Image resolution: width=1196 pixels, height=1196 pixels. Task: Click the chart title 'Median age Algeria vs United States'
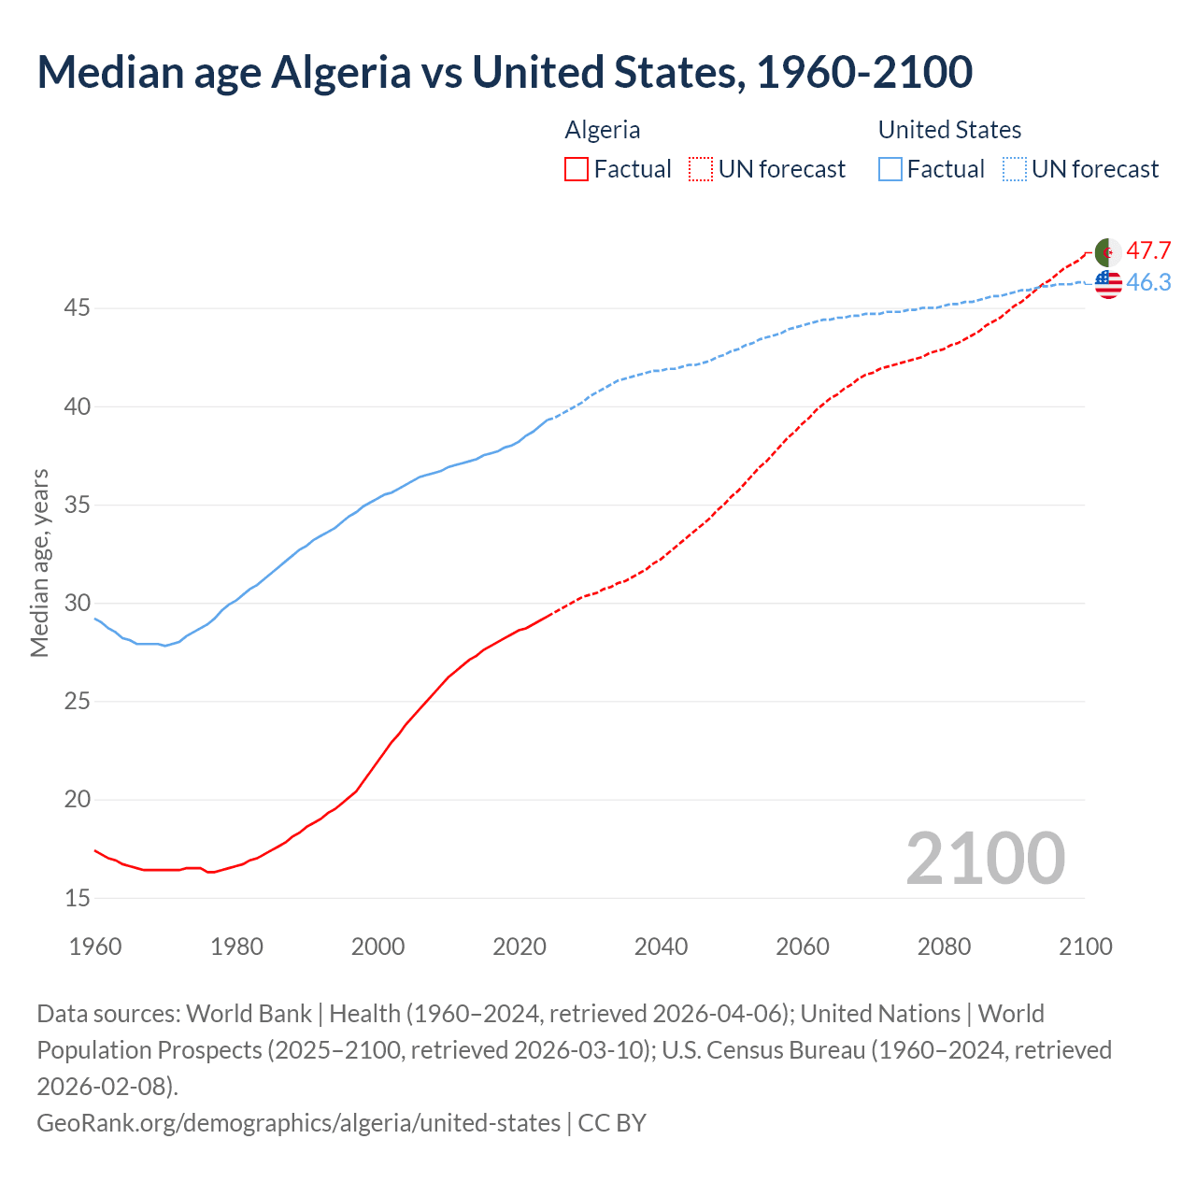pyautogui.click(x=505, y=72)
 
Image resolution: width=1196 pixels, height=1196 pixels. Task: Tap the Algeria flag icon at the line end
pyautogui.click(x=1107, y=252)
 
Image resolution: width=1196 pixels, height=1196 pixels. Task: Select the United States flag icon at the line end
pyautogui.click(x=1107, y=283)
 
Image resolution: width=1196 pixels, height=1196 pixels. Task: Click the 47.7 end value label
pyautogui.click(x=1148, y=251)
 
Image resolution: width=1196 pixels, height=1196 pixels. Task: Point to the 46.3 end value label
pyautogui.click(x=1148, y=283)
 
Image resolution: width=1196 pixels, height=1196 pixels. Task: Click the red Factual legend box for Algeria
pyautogui.click(x=577, y=169)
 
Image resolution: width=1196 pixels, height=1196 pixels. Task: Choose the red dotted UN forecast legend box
pyautogui.click(x=701, y=169)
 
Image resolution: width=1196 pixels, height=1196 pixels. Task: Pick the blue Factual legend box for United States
pyautogui.click(x=890, y=169)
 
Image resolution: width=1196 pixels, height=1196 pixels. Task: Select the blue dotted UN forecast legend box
pyautogui.click(x=1014, y=169)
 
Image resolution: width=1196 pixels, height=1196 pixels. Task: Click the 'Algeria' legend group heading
pyautogui.click(x=603, y=130)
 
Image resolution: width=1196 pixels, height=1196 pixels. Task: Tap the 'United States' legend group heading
pyautogui.click(x=949, y=130)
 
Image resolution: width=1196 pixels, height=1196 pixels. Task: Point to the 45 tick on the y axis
pyautogui.click(x=77, y=308)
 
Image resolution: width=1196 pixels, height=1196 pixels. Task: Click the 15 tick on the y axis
pyautogui.click(x=77, y=898)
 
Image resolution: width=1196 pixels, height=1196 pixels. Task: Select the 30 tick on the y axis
pyautogui.click(x=77, y=604)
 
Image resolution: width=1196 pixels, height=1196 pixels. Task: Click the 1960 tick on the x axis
pyautogui.click(x=95, y=947)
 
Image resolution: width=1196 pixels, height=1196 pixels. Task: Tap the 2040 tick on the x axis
pyautogui.click(x=661, y=947)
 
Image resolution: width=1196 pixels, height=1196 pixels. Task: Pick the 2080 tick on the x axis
pyautogui.click(x=944, y=947)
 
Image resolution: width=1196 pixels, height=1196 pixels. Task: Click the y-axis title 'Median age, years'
pyautogui.click(x=39, y=563)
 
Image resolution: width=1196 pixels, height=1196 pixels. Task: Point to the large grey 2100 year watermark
pyautogui.click(x=985, y=859)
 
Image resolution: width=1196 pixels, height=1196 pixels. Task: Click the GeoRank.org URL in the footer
pyautogui.click(x=298, y=1122)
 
